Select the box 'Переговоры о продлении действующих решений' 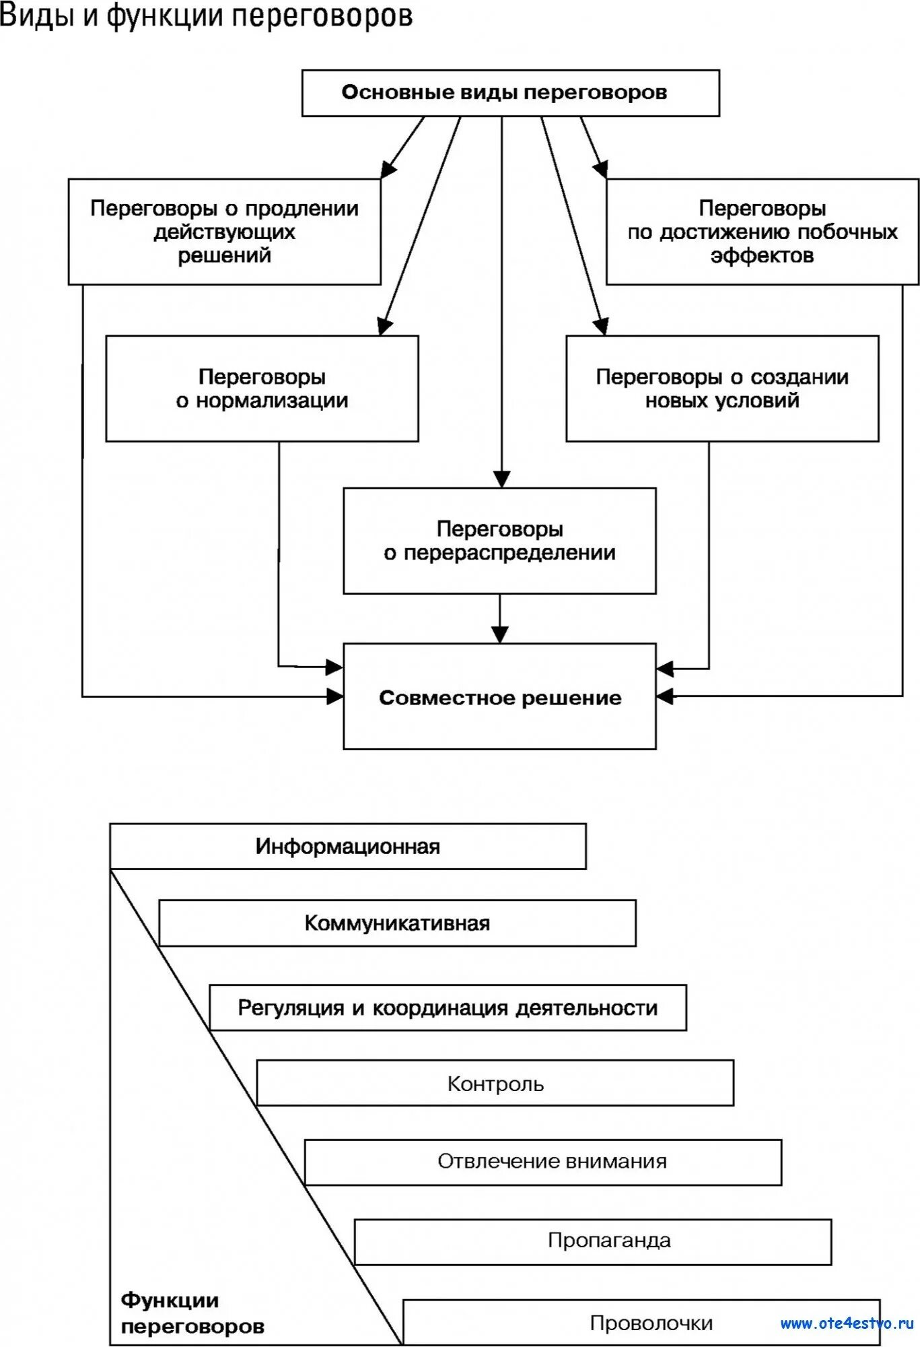pos(224,232)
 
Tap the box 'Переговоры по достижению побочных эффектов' pos(762,232)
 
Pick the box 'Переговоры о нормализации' pos(262,389)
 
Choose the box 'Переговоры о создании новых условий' pos(722,389)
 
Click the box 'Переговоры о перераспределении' pos(499,541)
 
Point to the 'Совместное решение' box pos(499,697)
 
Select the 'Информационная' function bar pos(347,847)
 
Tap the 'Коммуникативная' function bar pos(397,923)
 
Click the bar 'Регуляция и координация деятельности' pos(448,1008)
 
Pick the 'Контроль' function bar pos(495,1084)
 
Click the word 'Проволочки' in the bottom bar pos(651,1323)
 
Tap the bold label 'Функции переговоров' pos(192,1313)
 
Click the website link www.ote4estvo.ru pos(847,1323)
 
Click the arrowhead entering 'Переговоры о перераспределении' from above pos(501,479)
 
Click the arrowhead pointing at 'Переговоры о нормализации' pos(384,327)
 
